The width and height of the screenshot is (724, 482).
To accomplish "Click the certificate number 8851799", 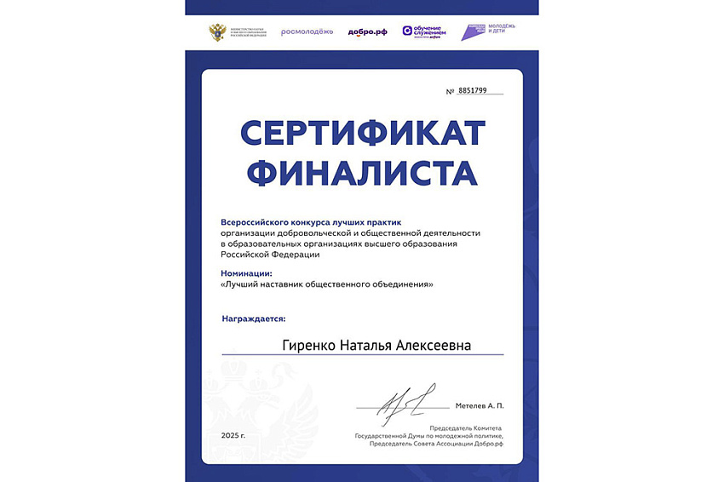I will click(x=472, y=90).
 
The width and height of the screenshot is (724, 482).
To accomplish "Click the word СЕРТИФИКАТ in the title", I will click(x=363, y=135).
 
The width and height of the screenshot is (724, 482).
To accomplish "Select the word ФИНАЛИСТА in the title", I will click(x=363, y=174).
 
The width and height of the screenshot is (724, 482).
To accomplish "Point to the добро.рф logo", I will click(x=367, y=32).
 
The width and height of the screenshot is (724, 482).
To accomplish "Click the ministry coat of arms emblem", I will click(x=217, y=32).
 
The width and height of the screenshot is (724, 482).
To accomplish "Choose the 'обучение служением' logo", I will click(x=422, y=32).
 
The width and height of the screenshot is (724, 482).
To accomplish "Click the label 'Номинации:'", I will click(x=246, y=273).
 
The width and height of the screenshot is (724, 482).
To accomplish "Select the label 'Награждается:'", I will click(x=254, y=318).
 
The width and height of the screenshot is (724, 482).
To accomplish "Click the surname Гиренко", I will click(x=310, y=345).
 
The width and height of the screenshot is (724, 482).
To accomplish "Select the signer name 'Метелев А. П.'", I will click(x=480, y=406).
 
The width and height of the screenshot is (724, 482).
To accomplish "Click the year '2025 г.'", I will click(x=233, y=435).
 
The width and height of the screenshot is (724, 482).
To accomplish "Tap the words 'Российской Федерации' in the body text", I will click(x=270, y=255).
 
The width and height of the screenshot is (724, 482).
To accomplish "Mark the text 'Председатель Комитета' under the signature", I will click(x=466, y=427).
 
